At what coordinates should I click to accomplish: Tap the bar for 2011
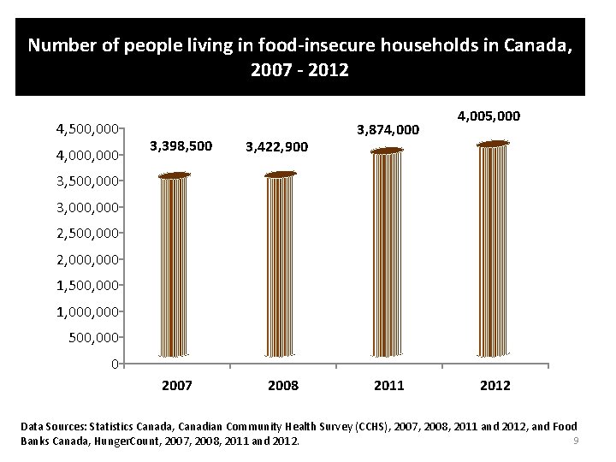388,253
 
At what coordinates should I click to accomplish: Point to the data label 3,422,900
277,147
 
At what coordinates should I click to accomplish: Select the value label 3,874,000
387,130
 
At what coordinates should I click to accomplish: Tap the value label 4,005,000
489,115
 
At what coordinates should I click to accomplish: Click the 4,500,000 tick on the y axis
86,129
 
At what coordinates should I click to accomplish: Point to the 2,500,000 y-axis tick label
86,233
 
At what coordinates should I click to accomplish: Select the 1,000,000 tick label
86,311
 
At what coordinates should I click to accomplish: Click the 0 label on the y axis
114,364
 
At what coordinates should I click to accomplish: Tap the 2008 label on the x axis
283,386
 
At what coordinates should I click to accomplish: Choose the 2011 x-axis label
389,386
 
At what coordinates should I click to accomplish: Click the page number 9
577,441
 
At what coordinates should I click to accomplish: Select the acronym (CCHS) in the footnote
353,426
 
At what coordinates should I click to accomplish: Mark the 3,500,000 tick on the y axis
86,181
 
